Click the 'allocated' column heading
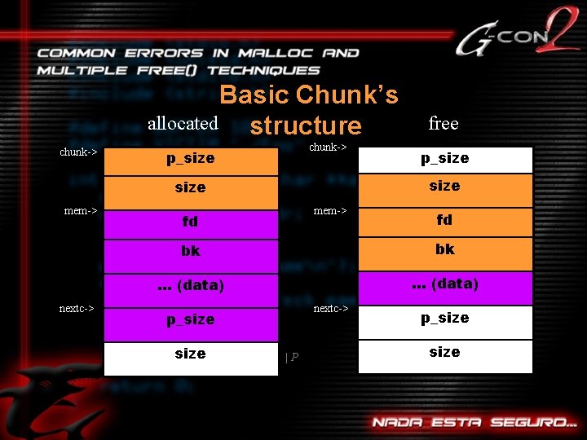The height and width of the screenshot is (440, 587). (183, 124)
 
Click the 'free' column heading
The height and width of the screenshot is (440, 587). (444, 123)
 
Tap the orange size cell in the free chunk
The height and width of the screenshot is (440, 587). (445, 187)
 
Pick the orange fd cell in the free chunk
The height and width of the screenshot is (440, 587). (445, 220)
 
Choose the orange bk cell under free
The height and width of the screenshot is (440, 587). (445, 249)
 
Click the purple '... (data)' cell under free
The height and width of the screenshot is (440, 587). (445, 284)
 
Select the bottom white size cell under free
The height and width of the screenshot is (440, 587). (445, 353)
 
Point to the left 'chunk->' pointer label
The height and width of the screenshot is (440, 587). (79, 152)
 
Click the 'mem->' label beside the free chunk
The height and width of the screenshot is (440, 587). (330, 211)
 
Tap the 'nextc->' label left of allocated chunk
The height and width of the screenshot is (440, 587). (77, 309)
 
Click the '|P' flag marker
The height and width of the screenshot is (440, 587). (291, 356)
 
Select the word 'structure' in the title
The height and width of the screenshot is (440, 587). (306, 125)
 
